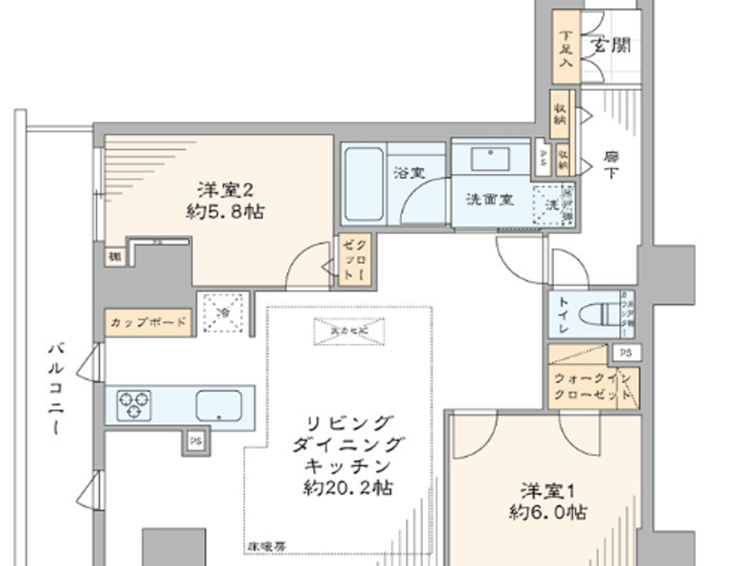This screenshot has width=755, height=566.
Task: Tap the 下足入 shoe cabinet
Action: [565, 49]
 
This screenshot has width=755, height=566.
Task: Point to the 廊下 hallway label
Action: [610, 164]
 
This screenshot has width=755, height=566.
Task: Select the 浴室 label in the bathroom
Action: [409, 173]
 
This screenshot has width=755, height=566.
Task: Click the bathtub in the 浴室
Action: [363, 184]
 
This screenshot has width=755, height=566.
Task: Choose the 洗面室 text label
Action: [490, 199]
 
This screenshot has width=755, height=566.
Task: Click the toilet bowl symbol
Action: [599, 314]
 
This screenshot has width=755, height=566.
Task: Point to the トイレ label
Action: [562, 315]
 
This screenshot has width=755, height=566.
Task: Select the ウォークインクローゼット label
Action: [592, 386]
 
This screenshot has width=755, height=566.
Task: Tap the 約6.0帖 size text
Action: [547, 512]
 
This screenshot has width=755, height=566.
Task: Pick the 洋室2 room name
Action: [225, 190]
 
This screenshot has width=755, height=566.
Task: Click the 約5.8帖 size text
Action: [225, 212]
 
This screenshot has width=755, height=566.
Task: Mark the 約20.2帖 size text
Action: [348, 488]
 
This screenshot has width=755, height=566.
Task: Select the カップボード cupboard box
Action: [148, 323]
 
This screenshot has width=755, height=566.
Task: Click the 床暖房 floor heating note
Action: [266, 546]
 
